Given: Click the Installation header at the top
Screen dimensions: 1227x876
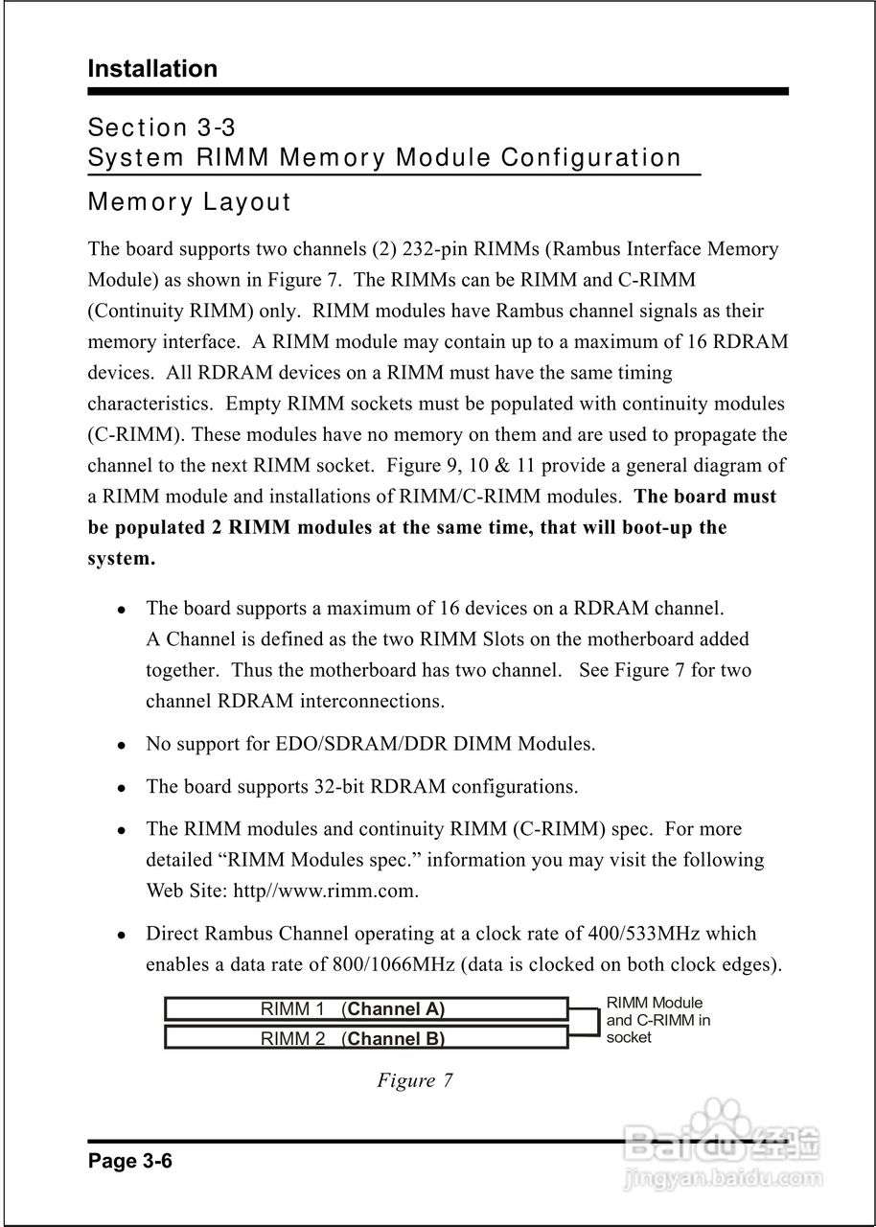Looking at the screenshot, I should pos(152,69).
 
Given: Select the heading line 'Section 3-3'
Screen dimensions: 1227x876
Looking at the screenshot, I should pos(161,127).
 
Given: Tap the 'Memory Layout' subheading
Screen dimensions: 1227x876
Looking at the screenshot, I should pos(189,203).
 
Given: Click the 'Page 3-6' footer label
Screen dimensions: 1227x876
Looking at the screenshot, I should pos(129,1162).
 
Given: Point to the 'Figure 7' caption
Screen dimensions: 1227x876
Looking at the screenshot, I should pos(414,1080).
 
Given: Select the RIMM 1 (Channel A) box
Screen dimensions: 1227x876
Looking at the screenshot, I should pos(365,1008).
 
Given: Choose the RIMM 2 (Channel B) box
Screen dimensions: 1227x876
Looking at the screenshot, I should pos(365,1038).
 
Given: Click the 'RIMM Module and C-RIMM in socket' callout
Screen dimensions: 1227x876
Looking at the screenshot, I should pos(657,1019).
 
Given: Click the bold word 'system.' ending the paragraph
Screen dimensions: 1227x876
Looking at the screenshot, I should pos(121,559).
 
